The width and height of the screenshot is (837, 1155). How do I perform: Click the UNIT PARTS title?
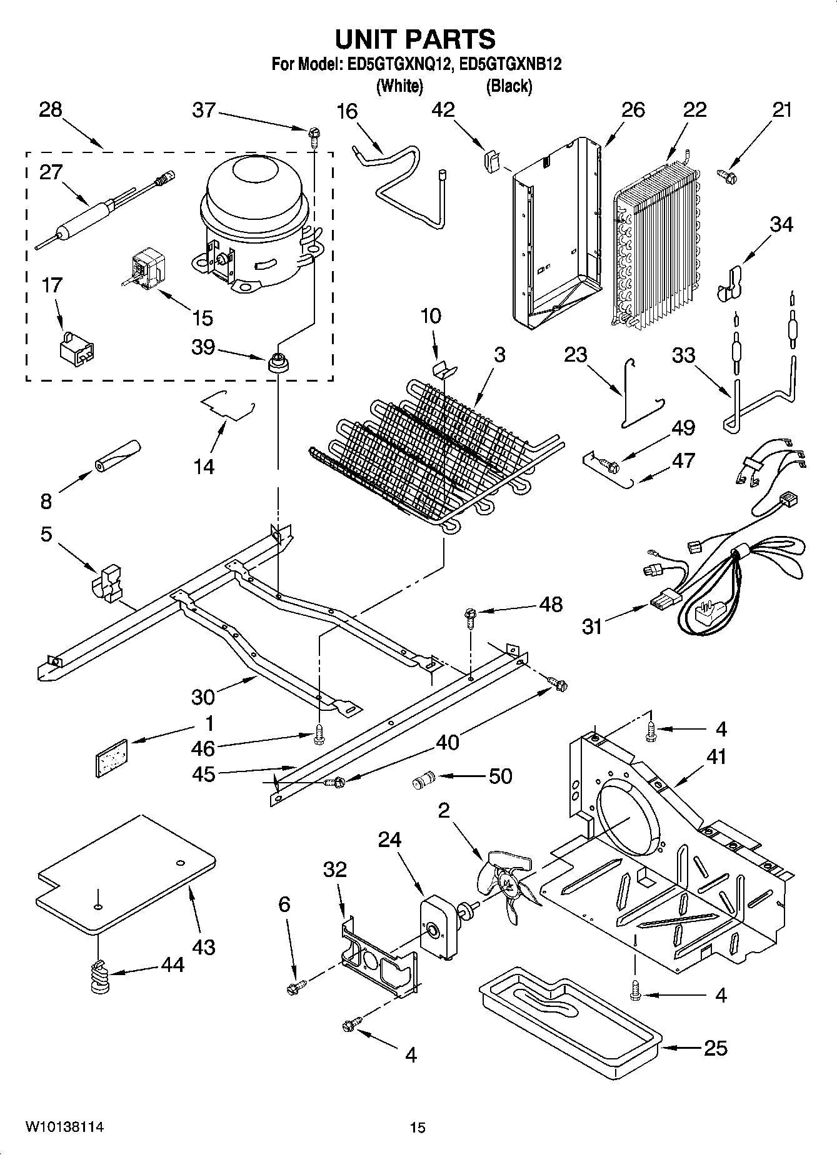[x=415, y=39]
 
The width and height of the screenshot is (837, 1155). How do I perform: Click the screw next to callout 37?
[x=313, y=134]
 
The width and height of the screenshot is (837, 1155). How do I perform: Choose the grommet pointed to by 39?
[x=277, y=361]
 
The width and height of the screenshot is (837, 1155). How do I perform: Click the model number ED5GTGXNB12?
[x=510, y=64]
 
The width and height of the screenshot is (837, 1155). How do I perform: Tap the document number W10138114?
[x=64, y=1127]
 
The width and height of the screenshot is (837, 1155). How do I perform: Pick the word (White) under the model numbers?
[x=399, y=86]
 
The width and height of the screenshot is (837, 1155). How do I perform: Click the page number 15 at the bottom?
[x=418, y=1127]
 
